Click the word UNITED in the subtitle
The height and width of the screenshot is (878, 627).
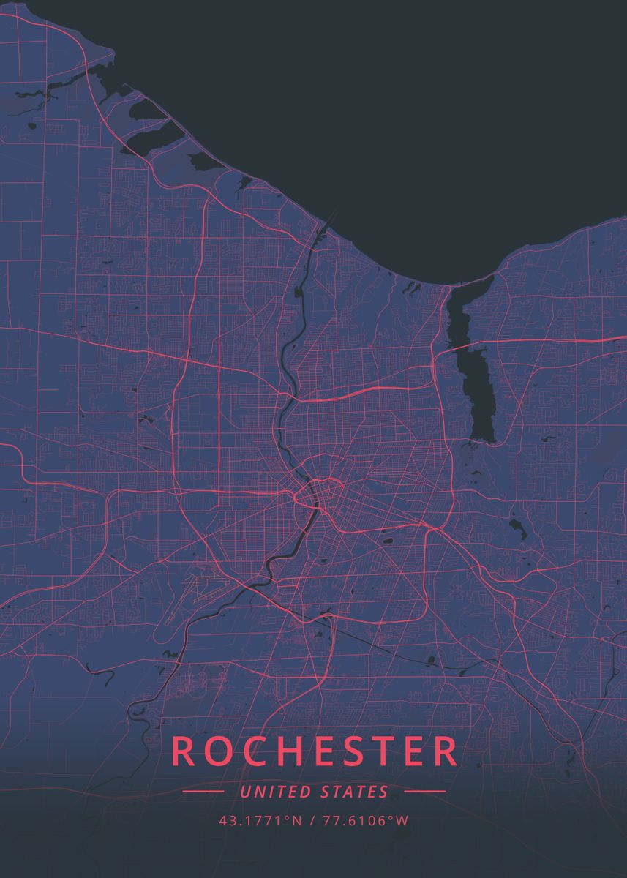coord(274,792)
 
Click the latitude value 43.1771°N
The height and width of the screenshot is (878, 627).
coord(260,821)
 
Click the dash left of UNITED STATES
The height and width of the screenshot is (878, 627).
coord(203,792)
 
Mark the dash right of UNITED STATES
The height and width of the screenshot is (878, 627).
coord(424,792)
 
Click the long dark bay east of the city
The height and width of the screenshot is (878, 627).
coord(472,366)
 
